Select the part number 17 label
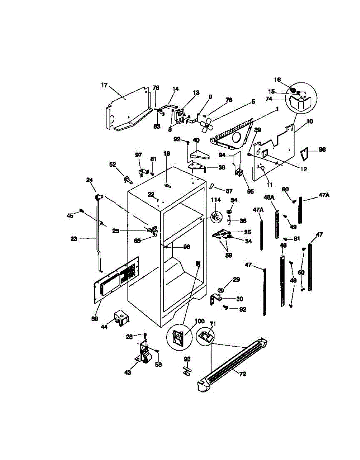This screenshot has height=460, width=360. pos(104,85)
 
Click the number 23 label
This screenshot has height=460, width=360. pos(74,238)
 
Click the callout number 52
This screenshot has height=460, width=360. pos(113,164)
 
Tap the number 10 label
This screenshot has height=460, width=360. pos(310,121)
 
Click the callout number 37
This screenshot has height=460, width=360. pos(229,191)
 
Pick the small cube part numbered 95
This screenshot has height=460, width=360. pos(239,172)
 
